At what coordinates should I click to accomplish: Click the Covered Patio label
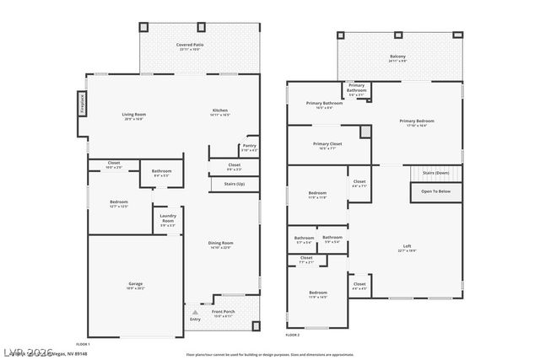click(x=190, y=44)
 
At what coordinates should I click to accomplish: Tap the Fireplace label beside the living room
click(x=83, y=103)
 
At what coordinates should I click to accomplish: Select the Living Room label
click(x=133, y=114)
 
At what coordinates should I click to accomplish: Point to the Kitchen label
click(x=219, y=111)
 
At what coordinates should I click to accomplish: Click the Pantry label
click(x=249, y=145)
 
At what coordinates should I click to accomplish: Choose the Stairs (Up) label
click(x=234, y=183)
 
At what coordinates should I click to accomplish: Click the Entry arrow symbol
click(x=195, y=312)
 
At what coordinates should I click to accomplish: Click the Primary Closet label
click(x=327, y=143)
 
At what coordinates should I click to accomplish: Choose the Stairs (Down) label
click(x=435, y=173)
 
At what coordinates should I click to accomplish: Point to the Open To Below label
click(x=435, y=191)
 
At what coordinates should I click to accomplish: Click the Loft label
click(x=407, y=246)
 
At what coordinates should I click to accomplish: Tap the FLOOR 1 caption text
click(x=83, y=344)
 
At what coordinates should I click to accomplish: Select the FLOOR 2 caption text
click(x=292, y=336)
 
